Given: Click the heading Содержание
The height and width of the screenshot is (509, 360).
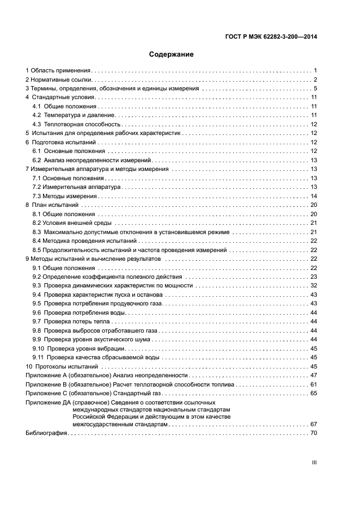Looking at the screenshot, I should pos(172,54).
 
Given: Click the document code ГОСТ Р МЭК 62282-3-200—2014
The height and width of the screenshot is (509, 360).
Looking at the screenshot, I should pos(271,37).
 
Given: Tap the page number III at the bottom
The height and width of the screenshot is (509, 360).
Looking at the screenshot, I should pos(314,462).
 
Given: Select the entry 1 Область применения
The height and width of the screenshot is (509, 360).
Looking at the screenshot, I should pos(58,71).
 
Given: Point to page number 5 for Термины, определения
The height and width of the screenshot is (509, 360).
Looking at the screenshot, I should pos(315,89).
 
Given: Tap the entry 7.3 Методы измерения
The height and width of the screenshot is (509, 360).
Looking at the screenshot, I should pos(64,196).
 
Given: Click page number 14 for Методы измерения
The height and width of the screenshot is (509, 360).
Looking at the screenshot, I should pos(314,196).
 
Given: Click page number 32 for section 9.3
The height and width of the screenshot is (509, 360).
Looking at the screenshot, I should pos(314,285).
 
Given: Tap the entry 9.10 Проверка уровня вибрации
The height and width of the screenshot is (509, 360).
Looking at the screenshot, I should pos(80,348).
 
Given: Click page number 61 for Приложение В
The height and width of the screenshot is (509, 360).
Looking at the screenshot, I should pos(314,384).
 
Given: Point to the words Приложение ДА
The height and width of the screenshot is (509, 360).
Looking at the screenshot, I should pos(44,402).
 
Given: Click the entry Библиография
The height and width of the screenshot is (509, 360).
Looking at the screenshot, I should pos(46,433).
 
